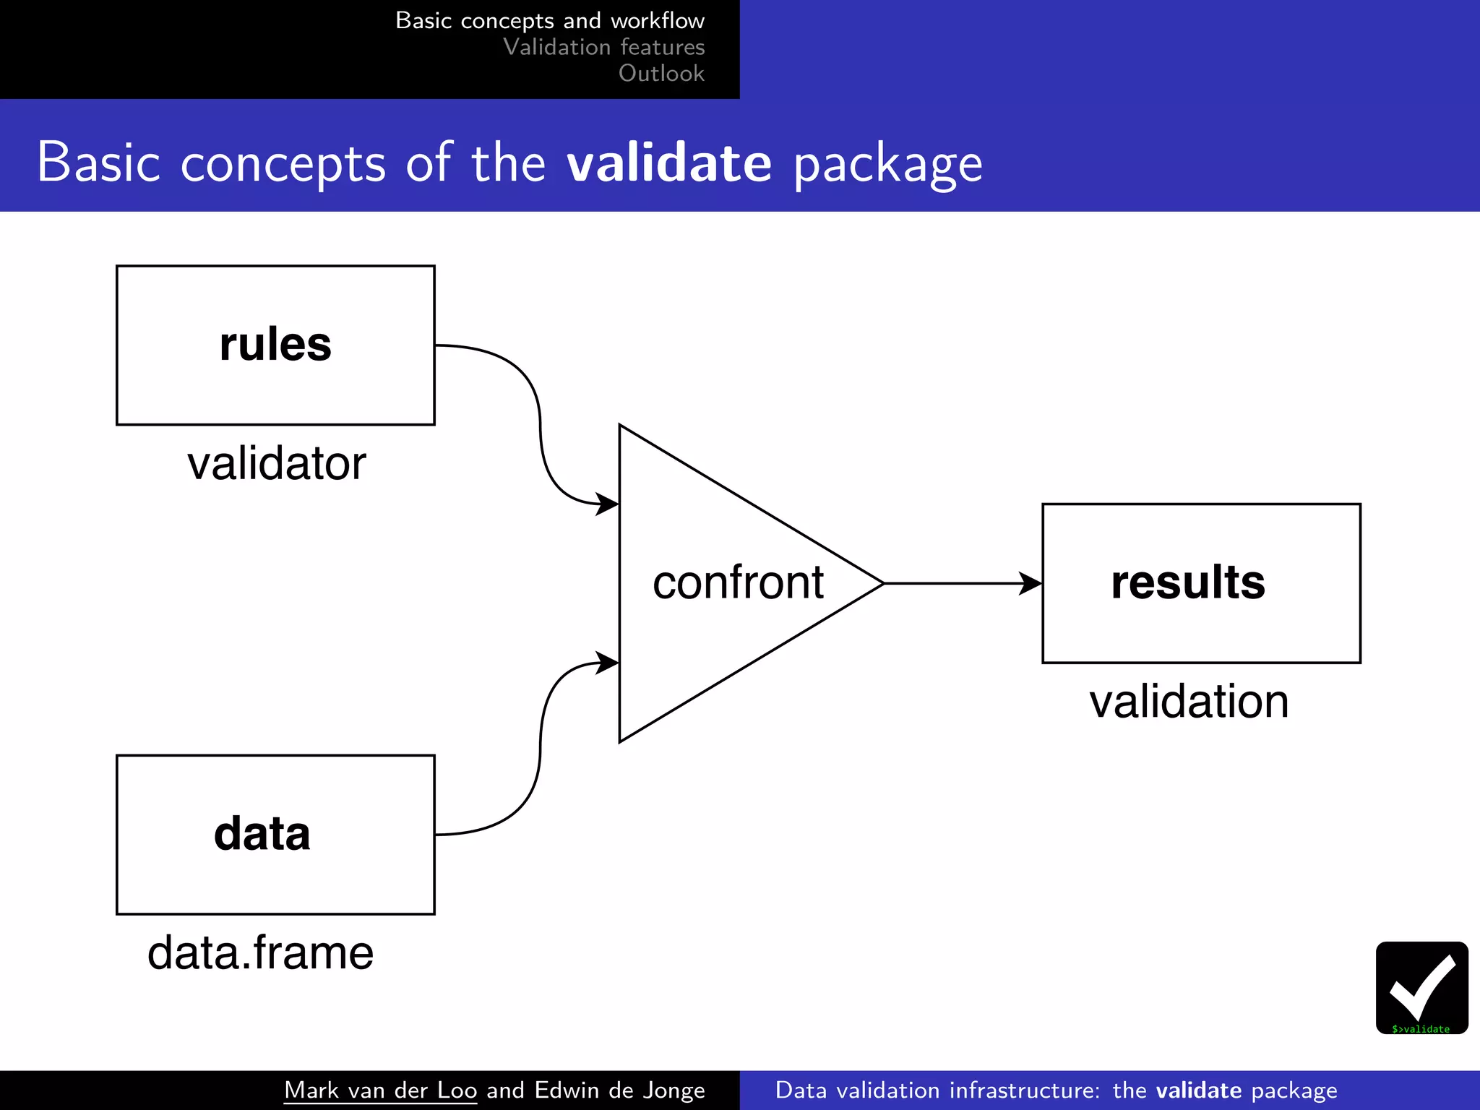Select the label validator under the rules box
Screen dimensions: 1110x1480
[276, 463]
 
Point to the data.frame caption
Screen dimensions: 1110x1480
[260, 952]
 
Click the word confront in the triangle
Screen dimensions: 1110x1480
[738, 582]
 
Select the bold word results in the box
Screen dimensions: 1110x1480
[1188, 582]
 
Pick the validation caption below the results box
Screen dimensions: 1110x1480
[1189, 702]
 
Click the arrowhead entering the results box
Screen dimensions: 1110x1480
[1031, 583]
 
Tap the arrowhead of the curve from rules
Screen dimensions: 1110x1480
[608, 504]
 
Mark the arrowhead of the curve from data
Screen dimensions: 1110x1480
[608, 663]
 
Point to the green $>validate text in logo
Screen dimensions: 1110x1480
[1421, 1029]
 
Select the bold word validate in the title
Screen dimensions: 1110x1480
[669, 163]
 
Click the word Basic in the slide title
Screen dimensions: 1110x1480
[98, 163]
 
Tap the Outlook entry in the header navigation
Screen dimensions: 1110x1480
[661, 73]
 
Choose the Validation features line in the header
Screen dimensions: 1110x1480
[603, 47]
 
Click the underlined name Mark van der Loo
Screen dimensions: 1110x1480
[380, 1090]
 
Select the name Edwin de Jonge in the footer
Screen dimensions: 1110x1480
[619, 1090]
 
